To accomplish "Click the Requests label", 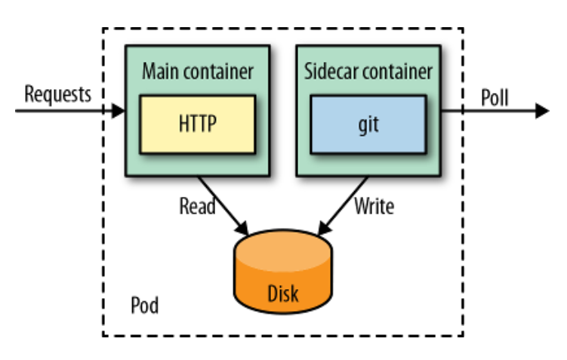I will tap(57, 94).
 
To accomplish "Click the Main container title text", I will tap(197, 72).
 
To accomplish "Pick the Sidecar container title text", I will tap(368, 72).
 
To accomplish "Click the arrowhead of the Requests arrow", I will tap(119, 112).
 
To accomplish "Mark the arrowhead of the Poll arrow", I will tap(541, 112).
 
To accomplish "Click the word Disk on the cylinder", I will tap(282, 292).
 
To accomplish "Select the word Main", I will tap(160, 72).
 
